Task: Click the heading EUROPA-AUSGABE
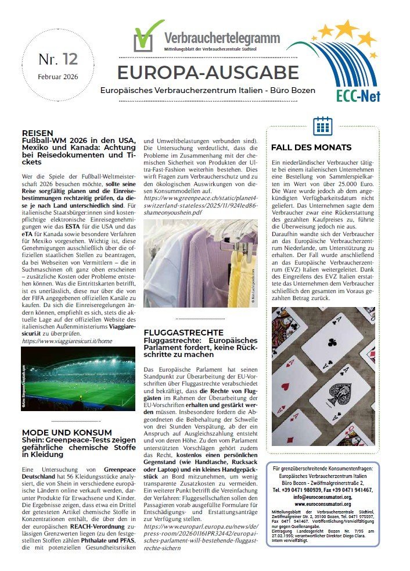[x=208, y=73]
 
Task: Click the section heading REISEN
[x=38, y=133]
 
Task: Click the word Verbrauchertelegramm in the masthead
[x=222, y=38]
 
